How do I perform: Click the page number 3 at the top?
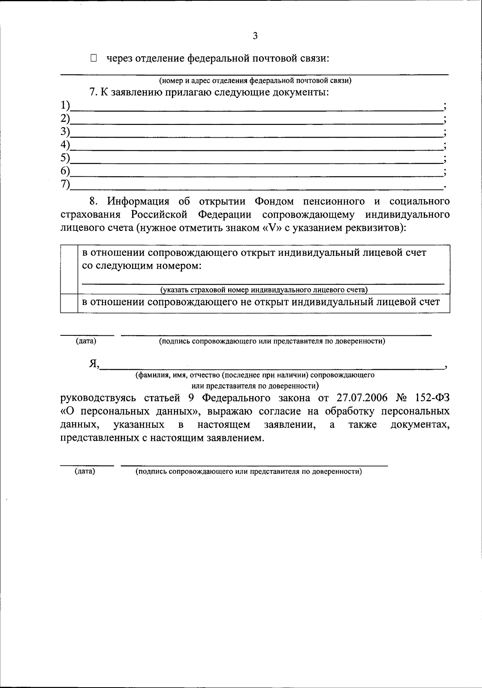255,36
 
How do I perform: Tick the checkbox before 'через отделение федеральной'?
94,59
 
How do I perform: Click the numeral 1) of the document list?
65,106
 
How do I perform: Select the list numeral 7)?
65,184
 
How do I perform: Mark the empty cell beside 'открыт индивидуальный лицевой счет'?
69,269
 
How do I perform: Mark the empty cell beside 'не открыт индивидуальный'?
69,303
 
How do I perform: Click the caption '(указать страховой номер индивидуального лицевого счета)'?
264,290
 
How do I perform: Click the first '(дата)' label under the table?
86,341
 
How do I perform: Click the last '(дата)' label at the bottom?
85,472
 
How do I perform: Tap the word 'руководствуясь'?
100,398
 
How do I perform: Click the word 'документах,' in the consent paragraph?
420,425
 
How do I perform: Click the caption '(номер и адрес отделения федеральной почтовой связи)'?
255,81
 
